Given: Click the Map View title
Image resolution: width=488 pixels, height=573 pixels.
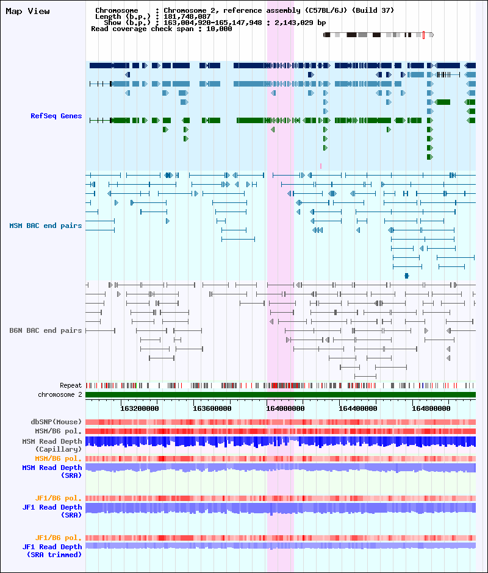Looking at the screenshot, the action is pos(28,12).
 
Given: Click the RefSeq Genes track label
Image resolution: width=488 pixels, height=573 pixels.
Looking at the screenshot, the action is pos(56,116).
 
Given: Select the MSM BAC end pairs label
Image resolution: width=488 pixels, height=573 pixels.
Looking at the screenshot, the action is pos(45,226).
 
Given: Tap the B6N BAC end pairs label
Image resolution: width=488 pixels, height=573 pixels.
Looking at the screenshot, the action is pos(45,330).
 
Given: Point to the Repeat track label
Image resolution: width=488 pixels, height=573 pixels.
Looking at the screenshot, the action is pos(71,385).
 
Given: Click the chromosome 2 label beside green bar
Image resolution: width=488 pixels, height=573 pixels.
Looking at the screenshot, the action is pos(60,394).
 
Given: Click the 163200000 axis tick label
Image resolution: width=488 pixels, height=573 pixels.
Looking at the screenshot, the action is pos(139,408).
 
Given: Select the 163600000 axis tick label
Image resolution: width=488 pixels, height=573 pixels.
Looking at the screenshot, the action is pos(212,408).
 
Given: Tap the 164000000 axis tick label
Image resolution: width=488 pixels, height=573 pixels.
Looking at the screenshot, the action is pos(285,408).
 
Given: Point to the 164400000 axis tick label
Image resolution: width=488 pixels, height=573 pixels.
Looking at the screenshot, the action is pos(358,408).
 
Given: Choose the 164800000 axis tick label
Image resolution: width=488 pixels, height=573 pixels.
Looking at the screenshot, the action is pos(431,408).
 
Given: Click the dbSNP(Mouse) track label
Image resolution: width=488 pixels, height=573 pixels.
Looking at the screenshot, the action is pos(56,422).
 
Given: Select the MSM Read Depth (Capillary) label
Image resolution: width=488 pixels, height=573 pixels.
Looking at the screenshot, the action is pos(52,445).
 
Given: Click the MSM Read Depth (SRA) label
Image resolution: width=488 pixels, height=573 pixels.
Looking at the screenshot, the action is pos(52,471).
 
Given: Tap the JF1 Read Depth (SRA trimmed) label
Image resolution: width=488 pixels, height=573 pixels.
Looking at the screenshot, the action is pos(52,550).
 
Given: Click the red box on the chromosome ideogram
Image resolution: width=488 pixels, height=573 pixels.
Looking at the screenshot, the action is pos(423,35).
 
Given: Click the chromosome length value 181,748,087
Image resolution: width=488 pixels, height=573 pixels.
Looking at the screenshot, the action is pos(187,16).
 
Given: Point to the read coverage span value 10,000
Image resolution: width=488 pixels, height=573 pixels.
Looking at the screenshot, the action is pos(219,29).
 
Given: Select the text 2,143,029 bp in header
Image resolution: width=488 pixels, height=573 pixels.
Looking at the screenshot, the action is pos(300,23).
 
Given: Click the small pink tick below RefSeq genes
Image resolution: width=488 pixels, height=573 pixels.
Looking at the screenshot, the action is pos(321,166).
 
